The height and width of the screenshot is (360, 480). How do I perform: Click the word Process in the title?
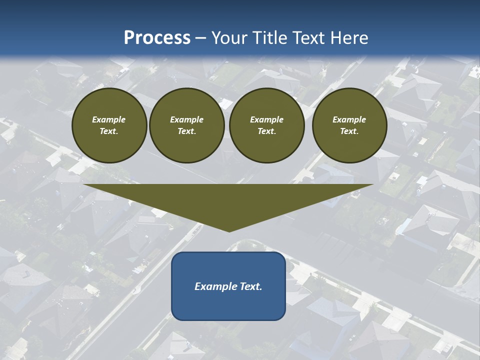pos(157,38)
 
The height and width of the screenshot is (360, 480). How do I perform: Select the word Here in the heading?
pos(349,38)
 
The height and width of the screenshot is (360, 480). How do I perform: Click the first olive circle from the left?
pos(109,125)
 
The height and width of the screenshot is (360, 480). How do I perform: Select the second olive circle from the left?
pos(187,125)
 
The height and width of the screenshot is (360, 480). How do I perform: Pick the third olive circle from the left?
pos(267,125)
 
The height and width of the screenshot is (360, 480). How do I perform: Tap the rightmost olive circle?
pos(349,125)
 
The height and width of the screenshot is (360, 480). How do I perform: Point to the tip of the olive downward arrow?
pos(229,231)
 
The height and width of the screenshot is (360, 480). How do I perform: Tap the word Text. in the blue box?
pos(251,286)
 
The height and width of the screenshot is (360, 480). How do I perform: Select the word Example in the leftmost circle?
pos(109,119)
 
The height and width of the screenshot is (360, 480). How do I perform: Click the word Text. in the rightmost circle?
pos(349,131)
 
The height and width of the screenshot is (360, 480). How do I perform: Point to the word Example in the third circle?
pos(267,119)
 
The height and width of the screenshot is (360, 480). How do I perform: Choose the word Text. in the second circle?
pos(187,131)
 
